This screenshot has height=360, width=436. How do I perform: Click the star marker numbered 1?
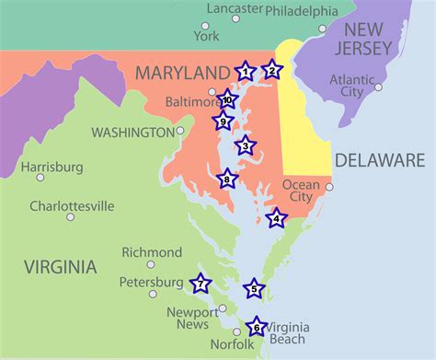click(x=245, y=71)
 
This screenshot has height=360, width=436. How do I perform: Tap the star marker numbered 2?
click(x=270, y=70)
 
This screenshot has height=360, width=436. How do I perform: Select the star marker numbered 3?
click(x=245, y=145)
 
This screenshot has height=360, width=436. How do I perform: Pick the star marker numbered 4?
click(x=276, y=218)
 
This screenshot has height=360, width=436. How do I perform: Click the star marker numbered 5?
click(x=255, y=290)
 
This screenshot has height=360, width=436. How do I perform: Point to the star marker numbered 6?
click(x=256, y=327)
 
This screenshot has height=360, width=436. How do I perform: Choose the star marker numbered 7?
click(x=199, y=285)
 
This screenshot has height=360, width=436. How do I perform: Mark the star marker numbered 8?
click(x=227, y=180)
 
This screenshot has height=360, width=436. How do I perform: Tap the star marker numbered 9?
click(x=223, y=121)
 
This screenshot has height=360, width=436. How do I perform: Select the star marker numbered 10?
click(x=227, y=100)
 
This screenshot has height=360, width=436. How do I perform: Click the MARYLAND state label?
click(x=181, y=72)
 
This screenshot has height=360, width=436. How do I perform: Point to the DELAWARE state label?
click(x=379, y=160)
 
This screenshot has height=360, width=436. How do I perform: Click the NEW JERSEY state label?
click(x=375, y=39)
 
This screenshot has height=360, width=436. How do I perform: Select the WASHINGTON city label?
click(x=132, y=132)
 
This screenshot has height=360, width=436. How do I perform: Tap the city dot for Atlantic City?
click(x=378, y=88)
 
